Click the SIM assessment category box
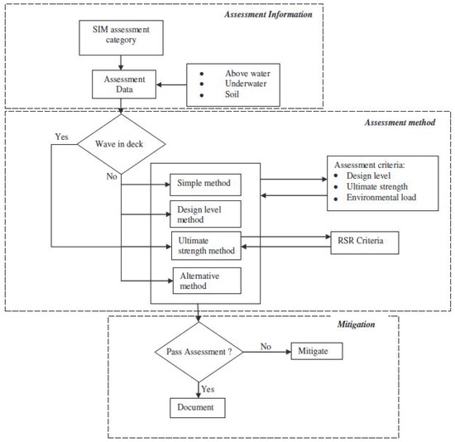pos(121,38)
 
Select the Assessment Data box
pos(124,84)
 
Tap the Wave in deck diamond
pos(121,144)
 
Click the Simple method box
pos(205,185)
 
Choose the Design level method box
pos(205,214)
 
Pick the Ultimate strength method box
pos(206,246)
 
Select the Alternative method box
pos(207,281)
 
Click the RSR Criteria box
pos(365,243)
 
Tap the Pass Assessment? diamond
pos(199,352)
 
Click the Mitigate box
pos(317,352)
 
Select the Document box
pos(198,408)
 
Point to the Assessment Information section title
pos(268,15)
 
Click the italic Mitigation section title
pos(356,324)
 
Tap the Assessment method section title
pos(400,123)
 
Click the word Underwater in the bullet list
pos(246,84)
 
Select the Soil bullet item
pos(232,94)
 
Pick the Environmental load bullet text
pos(381,198)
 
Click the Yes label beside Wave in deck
pos(62,137)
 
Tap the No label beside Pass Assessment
pos(266,347)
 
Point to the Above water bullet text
pos(248,74)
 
